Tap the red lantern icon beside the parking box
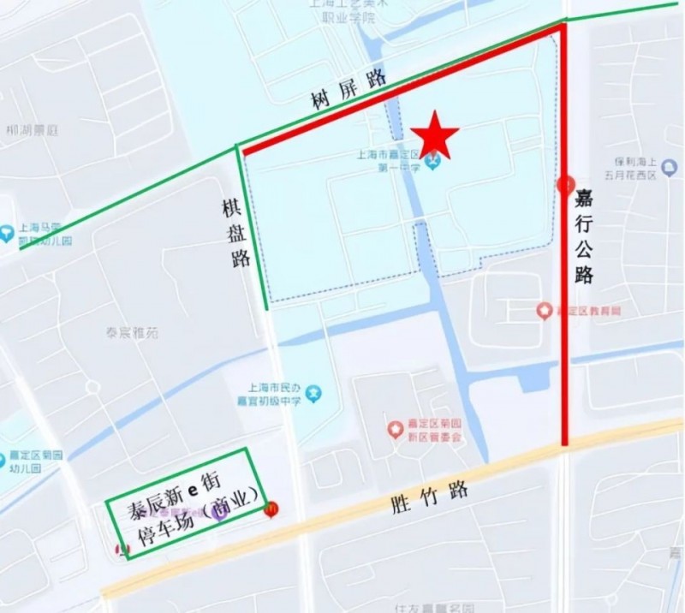click(271, 510)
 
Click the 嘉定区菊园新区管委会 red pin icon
click(394, 428)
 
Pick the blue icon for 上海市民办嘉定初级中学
click(315, 393)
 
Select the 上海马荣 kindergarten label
click(45, 234)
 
